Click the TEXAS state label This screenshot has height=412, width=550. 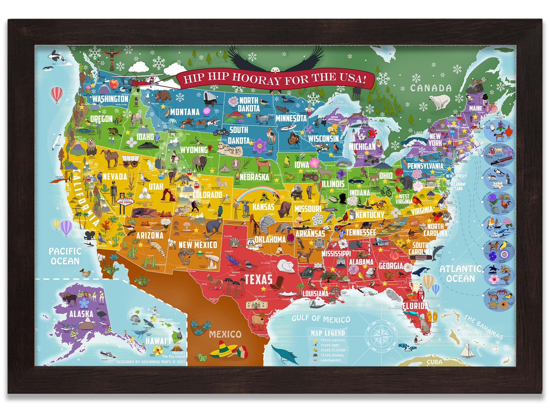(258, 279)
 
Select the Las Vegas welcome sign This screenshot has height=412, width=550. (125, 202)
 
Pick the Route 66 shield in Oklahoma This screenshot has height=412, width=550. (251, 242)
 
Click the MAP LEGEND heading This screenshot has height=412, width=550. (328, 333)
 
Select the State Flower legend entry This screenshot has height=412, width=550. (333, 350)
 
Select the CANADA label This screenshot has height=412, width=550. (431, 88)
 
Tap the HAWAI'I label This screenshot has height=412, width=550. (158, 341)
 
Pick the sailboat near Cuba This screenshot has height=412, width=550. (466, 350)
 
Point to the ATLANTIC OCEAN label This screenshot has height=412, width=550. (461, 274)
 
